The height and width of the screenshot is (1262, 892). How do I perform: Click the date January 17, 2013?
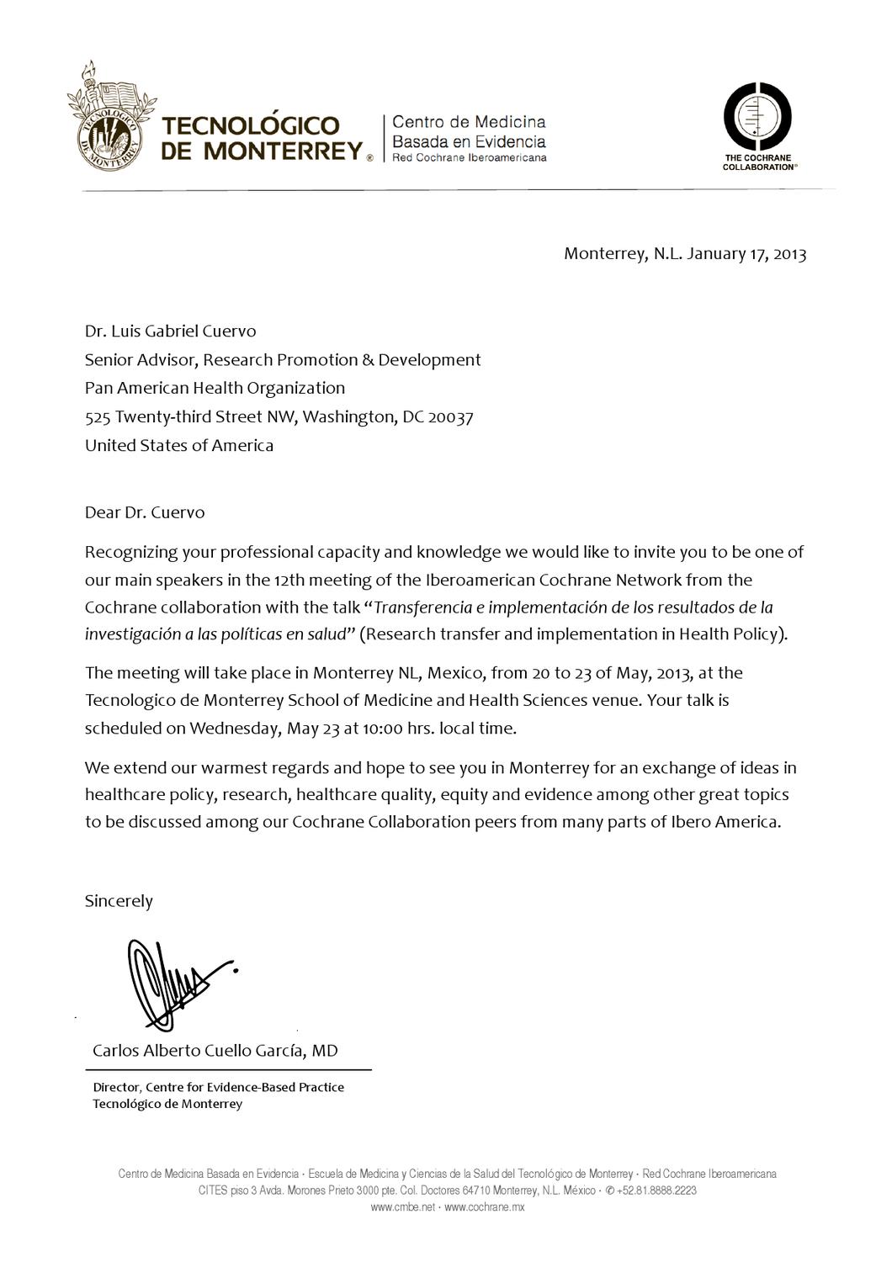point(746,253)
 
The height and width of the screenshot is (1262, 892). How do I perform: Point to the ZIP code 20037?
point(451,416)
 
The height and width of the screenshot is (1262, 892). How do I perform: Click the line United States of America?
point(178,445)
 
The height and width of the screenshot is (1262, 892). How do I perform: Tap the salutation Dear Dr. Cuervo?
point(144,512)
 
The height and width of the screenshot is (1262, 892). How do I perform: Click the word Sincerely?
point(119,901)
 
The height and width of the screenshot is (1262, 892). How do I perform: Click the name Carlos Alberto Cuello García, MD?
point(215,1050)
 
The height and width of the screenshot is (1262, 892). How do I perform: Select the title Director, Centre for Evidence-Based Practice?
point(218,1087)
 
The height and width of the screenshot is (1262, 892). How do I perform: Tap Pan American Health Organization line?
point(215,388)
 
